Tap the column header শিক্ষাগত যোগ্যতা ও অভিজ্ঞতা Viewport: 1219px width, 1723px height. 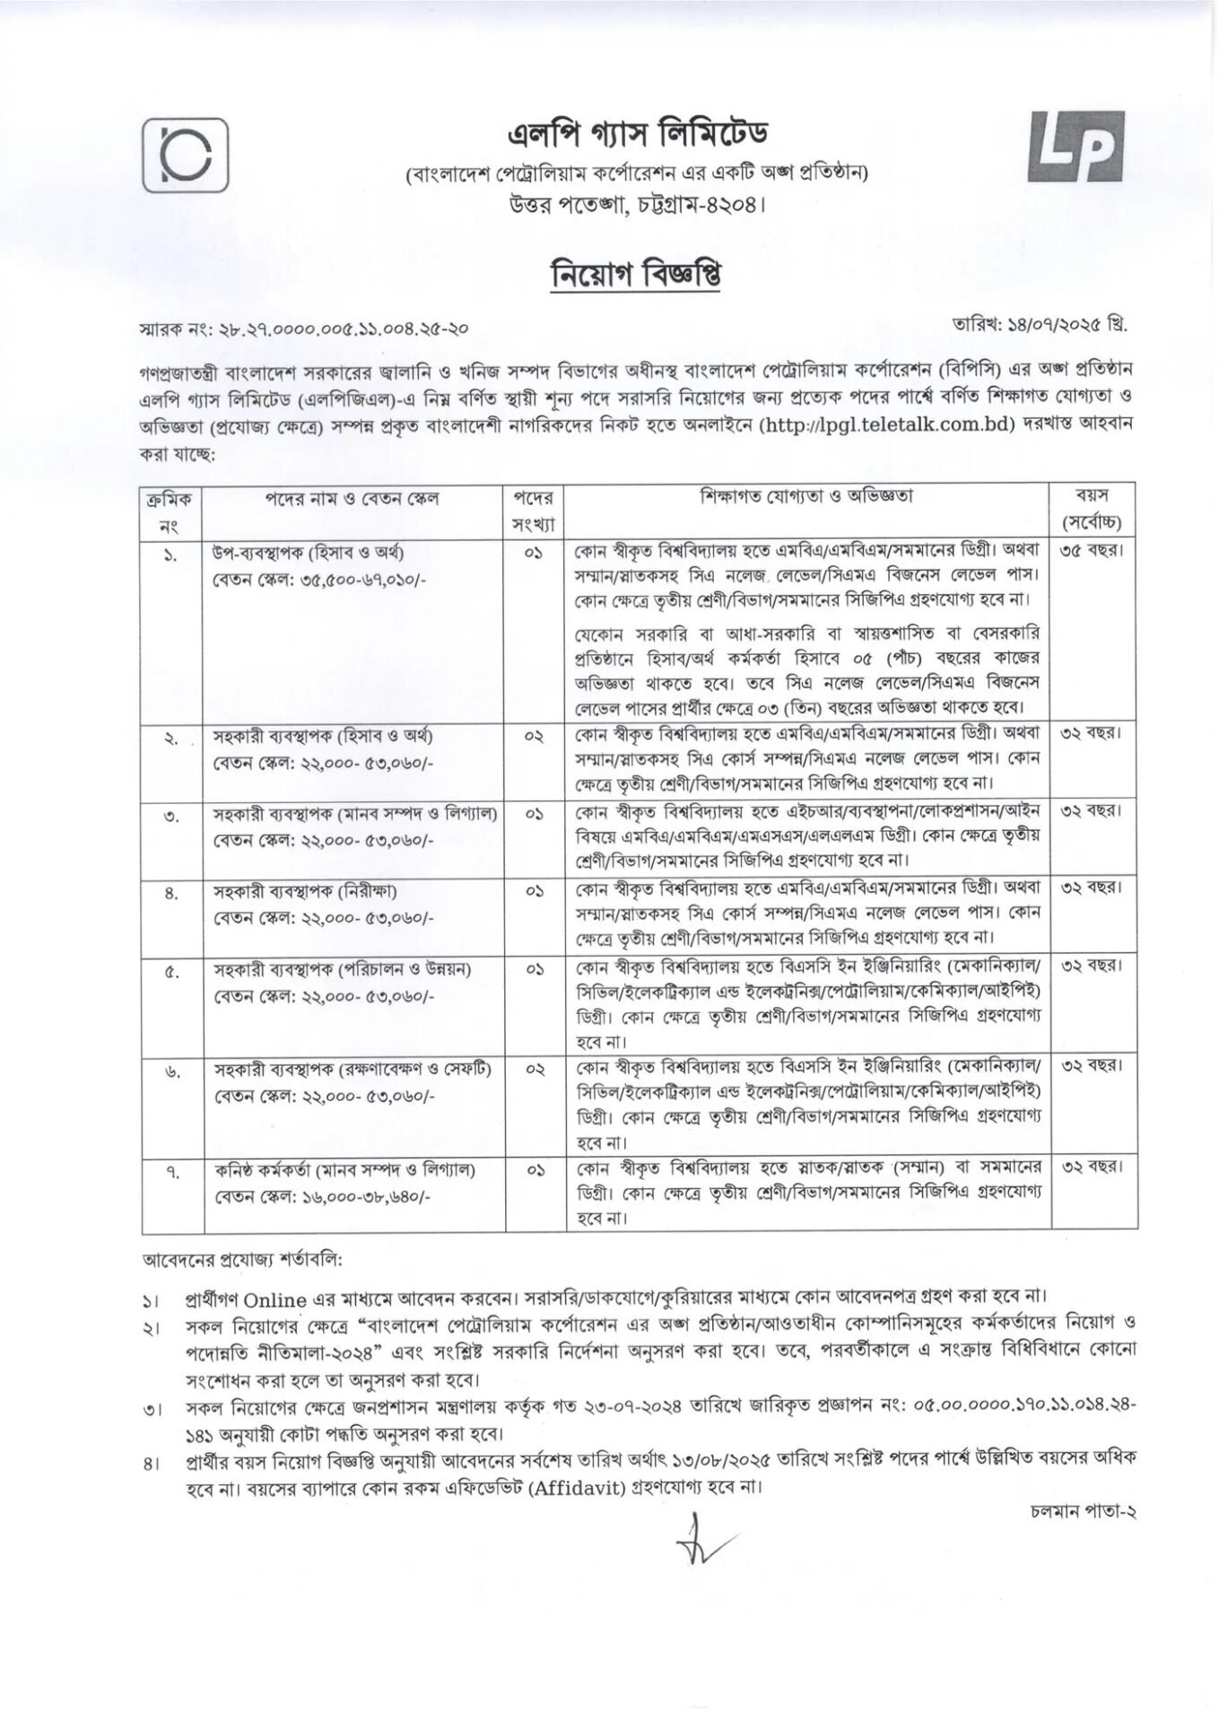(807, 496)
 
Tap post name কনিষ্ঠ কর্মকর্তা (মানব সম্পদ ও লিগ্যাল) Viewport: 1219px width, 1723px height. (344, 1169)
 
